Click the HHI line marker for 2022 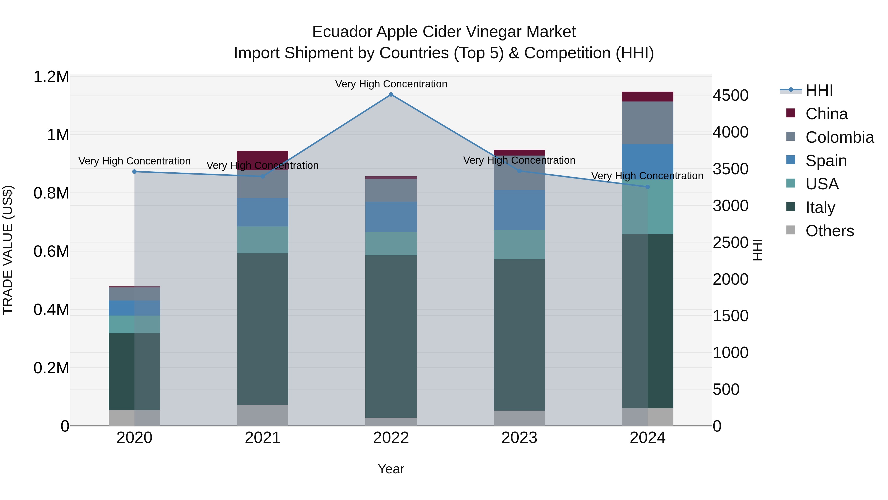[391, 95]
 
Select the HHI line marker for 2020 [134, 172]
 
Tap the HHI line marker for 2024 [647, 187]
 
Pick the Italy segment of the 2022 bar [391, 337]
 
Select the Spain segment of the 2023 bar [519, 210]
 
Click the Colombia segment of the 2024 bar [647, 123]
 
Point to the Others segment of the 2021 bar [263, 415]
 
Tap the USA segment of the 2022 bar [391, 244]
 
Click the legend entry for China [826, 114]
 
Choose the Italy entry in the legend [820, 207]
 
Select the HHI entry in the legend [819, 90]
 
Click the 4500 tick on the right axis [730, 96]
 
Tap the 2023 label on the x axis [519, 438]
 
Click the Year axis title [391, 469]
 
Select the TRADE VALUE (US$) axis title [8, 250]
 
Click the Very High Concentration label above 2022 [391, 84]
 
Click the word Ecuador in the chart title [342, 32]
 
